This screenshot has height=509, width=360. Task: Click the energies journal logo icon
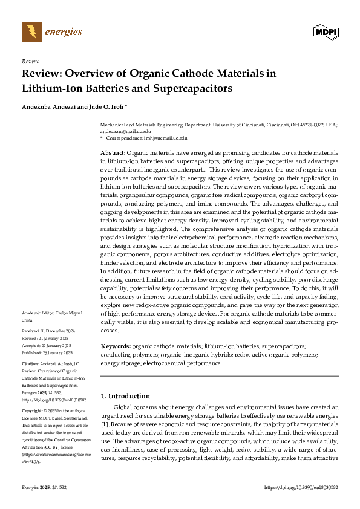click(x=31, y=31)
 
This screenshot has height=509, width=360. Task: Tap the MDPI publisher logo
click(x=325, y=31)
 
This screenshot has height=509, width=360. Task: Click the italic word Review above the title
click(x=30, y=62)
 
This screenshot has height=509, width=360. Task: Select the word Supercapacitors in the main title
click(x=191, y=88)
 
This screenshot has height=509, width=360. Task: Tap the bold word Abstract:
click(x=113, y=154)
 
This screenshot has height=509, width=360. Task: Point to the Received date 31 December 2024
click(x=48, y=331)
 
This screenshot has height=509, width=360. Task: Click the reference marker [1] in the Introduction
click(x=104, y=416)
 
